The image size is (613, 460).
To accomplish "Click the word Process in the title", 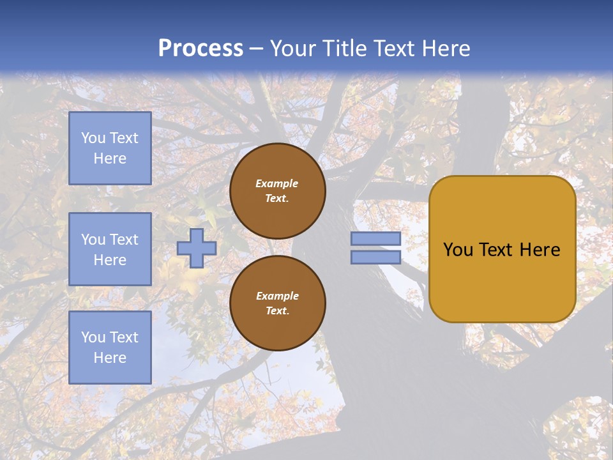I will click(x=201, y=49).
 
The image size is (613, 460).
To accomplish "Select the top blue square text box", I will click(x=110, y=148).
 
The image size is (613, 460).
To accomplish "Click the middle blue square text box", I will click(x=110, y=249).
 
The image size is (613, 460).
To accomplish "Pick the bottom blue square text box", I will click(x=110, y=348).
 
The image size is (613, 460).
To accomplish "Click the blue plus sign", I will click(x=197, y=248).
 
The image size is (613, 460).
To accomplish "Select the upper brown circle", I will click(x=277, y=191).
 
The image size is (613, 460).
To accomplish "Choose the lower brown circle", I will click(x=277, y=303).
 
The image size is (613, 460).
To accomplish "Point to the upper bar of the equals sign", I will click(x=375, y=239).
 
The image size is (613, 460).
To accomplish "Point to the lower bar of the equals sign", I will click(x=375, y=257).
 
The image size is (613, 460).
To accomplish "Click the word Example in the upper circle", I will click(x=276, y=183).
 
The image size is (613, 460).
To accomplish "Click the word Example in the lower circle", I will click(x=277, y=296).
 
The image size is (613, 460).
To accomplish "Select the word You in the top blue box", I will click(x=93, y=138).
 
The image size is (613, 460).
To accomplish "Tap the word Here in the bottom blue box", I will click(x=110, y=358).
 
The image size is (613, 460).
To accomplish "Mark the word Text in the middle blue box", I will click(x=123, y=240).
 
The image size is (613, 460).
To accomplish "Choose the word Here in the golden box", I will click(x=540, y=250).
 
